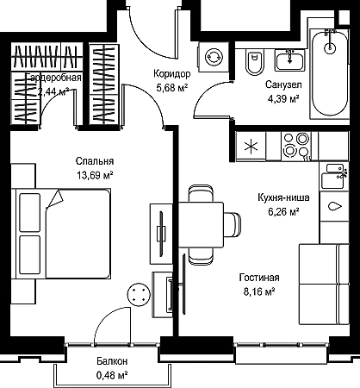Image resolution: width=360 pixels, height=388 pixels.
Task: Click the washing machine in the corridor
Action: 214,57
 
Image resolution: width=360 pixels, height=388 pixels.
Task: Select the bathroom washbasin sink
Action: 290,59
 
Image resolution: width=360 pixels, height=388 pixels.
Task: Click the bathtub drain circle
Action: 330,47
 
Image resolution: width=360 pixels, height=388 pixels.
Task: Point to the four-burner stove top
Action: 296,145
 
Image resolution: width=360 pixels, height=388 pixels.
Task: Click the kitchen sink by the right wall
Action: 333,176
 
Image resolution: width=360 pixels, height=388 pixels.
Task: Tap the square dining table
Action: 201,224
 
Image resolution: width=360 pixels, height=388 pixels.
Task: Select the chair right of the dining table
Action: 233,225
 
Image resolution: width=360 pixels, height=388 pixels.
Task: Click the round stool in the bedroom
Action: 139,294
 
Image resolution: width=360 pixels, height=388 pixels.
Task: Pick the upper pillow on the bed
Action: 30,212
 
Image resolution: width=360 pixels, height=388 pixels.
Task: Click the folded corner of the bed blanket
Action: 54,199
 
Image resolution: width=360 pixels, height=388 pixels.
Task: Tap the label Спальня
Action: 95,161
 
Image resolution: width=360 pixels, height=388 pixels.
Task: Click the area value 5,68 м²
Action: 172,87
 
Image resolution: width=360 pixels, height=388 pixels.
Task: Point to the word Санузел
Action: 283,84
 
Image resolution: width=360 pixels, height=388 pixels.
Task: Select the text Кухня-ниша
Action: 283,197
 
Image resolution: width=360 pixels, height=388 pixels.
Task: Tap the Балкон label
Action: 112,361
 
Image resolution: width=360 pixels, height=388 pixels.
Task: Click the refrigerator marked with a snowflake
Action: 251,146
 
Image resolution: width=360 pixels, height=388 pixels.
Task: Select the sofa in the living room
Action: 324,285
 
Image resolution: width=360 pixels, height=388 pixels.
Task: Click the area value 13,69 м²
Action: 95,175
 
